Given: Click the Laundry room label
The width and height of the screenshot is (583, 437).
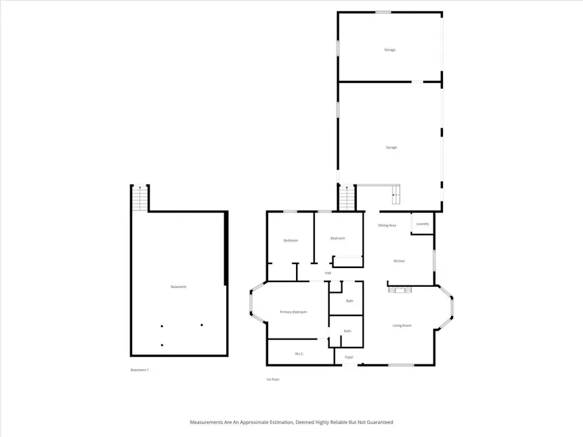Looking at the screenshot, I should (x=422, y=224).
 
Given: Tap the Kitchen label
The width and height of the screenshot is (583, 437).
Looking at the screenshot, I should (x=399, y=261).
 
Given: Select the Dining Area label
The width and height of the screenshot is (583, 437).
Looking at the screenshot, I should (x=387, y=225).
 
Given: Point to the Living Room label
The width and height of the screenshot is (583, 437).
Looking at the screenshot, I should (x=402, y=326).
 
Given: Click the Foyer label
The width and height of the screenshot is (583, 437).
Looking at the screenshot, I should (x=349, y=357).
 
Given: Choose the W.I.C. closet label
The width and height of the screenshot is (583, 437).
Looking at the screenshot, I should (x=299, y=353).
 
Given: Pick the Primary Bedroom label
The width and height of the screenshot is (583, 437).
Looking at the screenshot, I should (x=293, y=312).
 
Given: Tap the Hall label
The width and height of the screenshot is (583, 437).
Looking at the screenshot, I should (x=328, y=273).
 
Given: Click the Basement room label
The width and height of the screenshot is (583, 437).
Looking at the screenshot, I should (x=179, y=287).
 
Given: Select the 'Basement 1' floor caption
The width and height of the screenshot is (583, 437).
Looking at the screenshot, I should (x=140, y=370).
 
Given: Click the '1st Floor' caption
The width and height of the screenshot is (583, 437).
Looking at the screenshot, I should (x=273, y=379).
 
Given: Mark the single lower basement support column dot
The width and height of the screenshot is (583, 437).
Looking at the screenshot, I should (x=162, y=345).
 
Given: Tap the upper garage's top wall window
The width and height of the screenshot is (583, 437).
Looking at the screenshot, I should (x=383, y=12).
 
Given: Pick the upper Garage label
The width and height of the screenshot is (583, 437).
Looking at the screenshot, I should (x=389, y=50).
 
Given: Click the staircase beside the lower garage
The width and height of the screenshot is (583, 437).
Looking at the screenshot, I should (x=348, y=197).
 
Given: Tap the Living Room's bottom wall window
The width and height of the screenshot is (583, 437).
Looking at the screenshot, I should (x=401, y=365).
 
